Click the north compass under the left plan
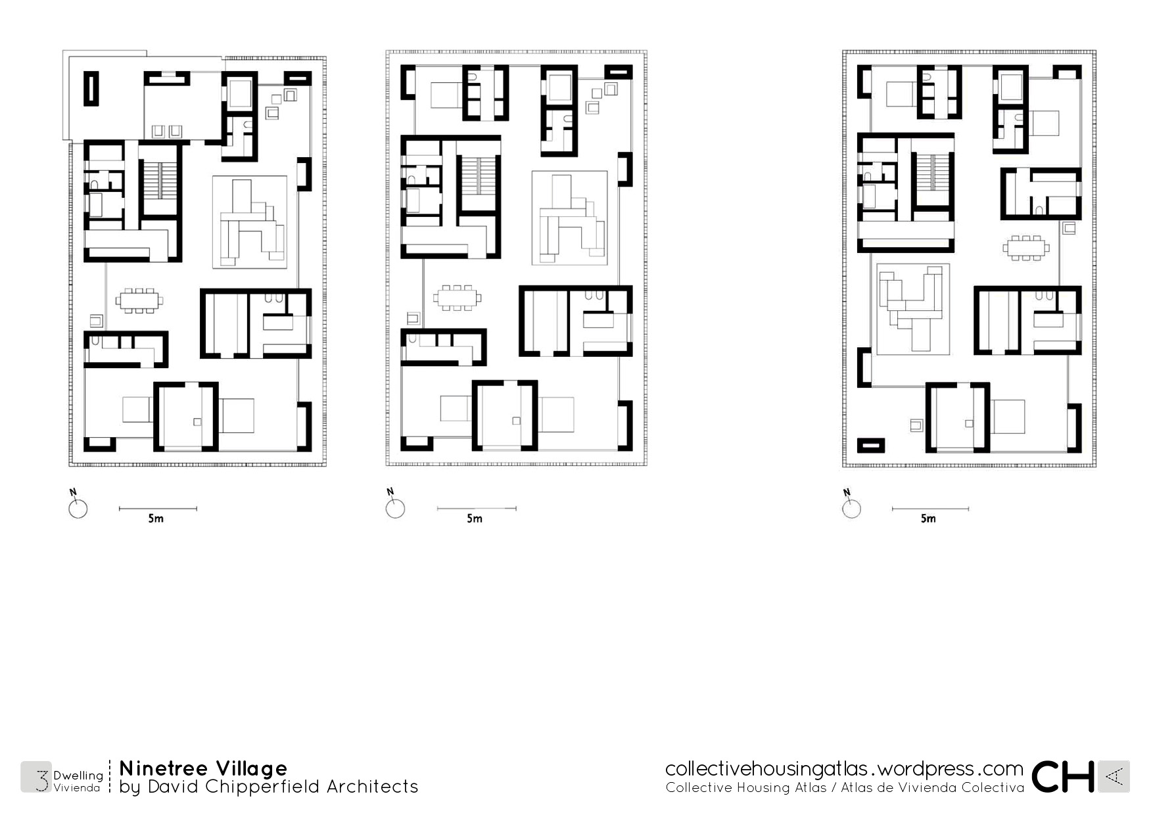coord(78,508)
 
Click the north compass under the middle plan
coord(395,508)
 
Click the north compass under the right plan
coord(851,508)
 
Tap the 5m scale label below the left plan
coord(156,519)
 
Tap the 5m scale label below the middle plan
coord(475,519)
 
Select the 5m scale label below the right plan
coord(928,519)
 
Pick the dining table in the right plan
coord(1026,248)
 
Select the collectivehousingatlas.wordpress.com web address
coord(844,769)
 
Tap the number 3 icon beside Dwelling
coord(41,777)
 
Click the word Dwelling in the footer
coord(78,776)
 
